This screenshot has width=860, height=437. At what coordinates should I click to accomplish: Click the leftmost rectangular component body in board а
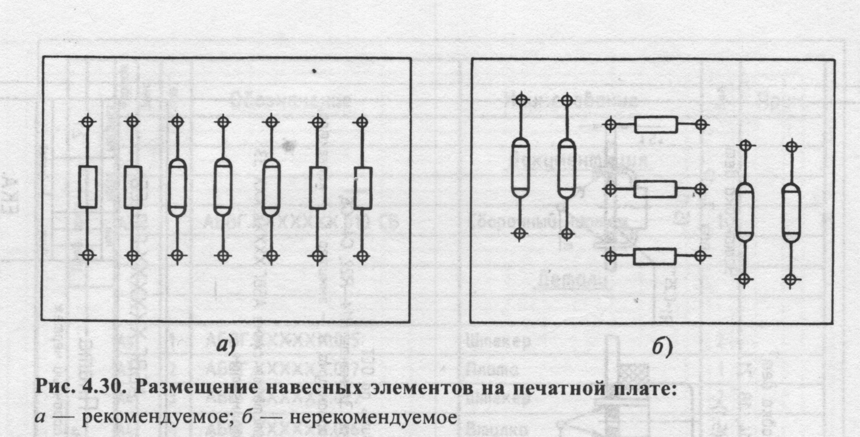[x=88, y=187]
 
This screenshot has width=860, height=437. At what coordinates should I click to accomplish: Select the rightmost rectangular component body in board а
[x=362, y=187]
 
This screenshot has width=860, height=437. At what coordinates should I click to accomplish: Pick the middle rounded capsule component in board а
[x=223, y=187]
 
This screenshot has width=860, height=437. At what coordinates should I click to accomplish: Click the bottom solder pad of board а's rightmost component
[x=362, y=255]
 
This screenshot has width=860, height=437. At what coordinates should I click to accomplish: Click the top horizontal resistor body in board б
[x=656, y=125]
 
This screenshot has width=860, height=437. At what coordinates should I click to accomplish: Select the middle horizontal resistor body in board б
[x=656, y=190]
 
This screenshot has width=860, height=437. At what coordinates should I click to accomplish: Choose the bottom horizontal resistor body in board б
[x=656, y=256]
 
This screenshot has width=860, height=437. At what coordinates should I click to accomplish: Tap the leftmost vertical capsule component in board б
[x=520, y=167]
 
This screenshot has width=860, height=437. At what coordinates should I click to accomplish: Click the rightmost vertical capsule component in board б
[x=791, y=212]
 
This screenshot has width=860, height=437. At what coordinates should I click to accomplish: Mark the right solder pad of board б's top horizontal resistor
[x=702, y=125]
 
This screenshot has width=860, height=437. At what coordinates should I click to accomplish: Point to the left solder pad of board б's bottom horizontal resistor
[x=610, y=256]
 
